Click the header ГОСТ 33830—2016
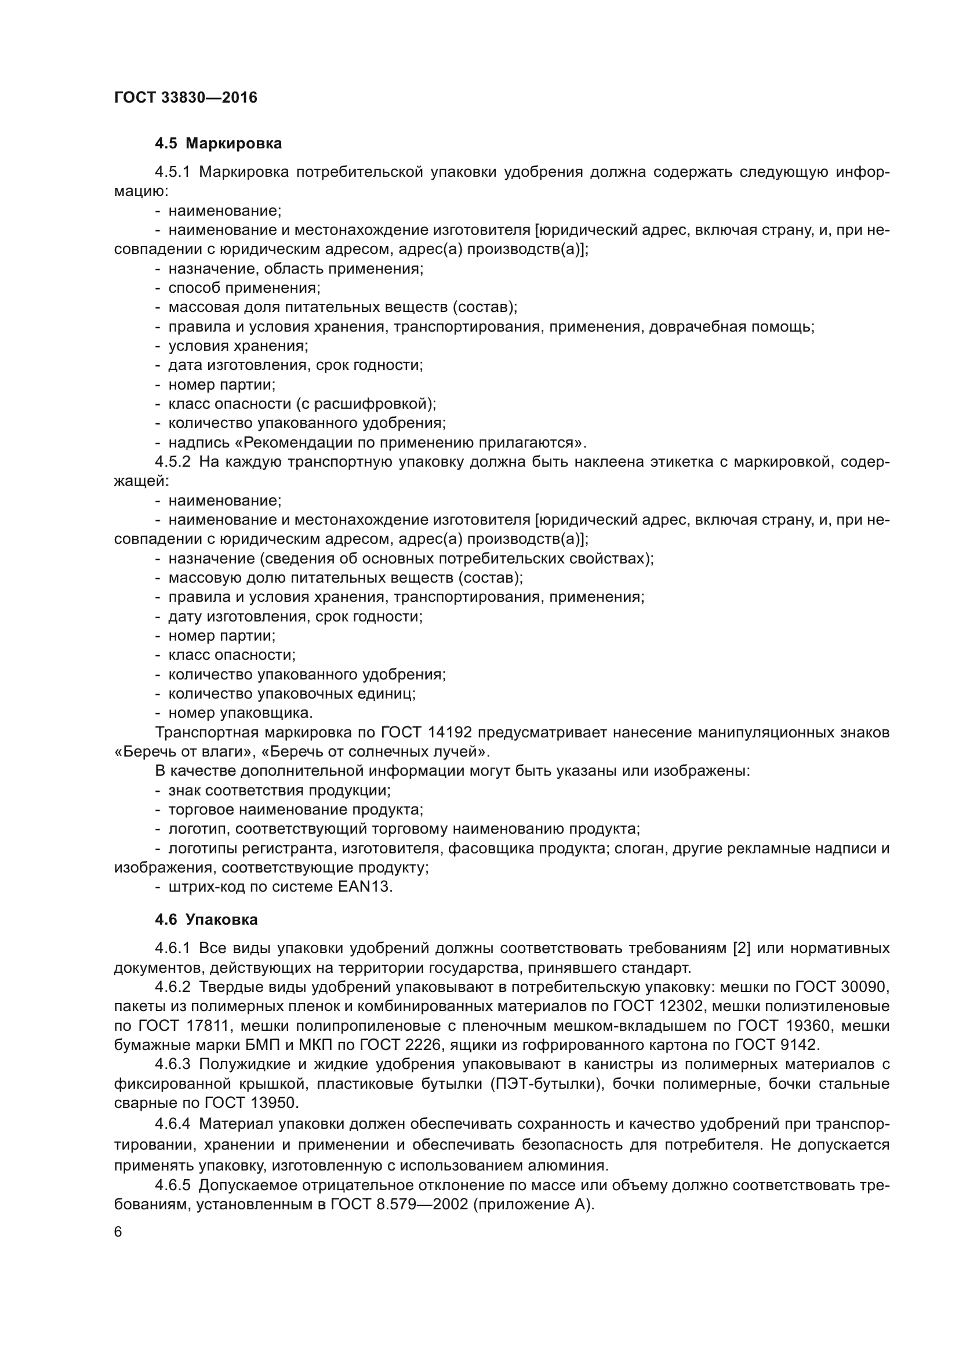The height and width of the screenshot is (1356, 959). [186, 97]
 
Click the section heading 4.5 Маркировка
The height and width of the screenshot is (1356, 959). [218, 144]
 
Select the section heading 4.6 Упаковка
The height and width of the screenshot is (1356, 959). [206, 919]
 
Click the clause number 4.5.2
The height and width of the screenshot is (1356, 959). [172, 462]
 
